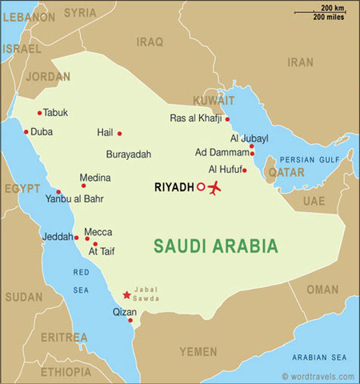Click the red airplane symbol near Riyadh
(x=214, y=189)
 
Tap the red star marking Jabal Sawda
(x=126, y=295)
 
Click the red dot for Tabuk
(x=39, y=113)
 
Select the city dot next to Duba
(x=26, y=132)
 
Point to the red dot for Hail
(x=120, y=134)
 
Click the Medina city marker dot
(x=83, y=186)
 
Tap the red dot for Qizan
(x=130, y=321)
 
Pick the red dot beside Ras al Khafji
(x=227, y=119)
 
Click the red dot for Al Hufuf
(x=244, y=170)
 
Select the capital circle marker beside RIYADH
(x=200, y=188)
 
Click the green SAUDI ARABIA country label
(x=216, y=246)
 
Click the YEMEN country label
(x=198, y=351)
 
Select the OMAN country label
(x=322, y=290)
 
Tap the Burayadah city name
(x=128, y=154)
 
